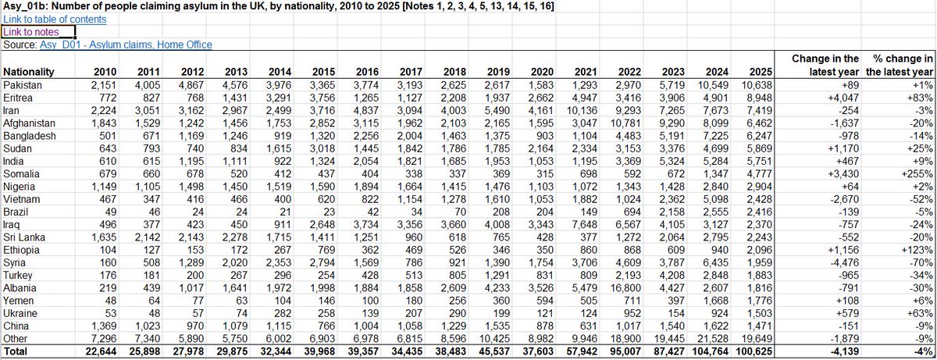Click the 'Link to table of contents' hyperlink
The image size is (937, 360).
click(54, 19)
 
